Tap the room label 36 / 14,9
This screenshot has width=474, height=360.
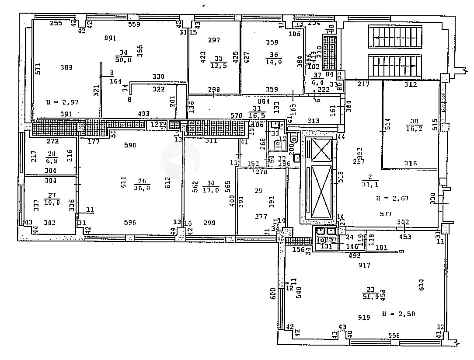pos(274,58)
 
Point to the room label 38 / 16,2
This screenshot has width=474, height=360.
pos(411,126)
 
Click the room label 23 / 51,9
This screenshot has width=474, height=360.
pos(371,291)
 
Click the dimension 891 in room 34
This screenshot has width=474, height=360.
pos(110,38)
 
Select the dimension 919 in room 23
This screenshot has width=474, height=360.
pos(364,318)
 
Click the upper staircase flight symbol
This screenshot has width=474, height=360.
pos(395,36)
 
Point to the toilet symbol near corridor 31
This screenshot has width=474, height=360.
pos(276,145)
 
